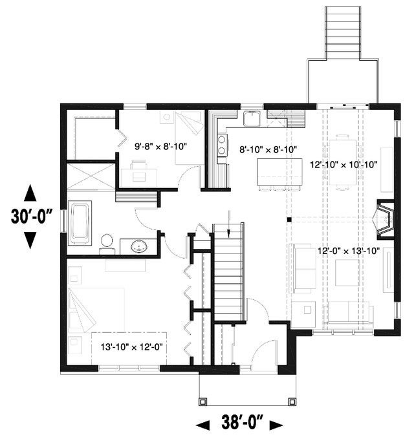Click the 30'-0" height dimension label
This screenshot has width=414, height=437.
[32, 217]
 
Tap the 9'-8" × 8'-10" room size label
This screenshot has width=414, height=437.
[160, 147]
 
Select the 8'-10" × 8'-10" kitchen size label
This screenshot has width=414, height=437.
[268, 150]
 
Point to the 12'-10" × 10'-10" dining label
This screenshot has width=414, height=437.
[343, 165]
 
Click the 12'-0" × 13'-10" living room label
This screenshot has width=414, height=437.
[349, 251]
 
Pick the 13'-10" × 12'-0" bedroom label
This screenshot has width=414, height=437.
[131, 347]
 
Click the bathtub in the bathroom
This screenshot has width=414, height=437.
[80, 223]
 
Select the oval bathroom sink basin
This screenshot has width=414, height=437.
[139, 246]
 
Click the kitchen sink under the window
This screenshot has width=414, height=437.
[252, 118]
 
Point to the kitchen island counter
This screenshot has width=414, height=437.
[279, 172]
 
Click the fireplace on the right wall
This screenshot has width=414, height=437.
[386, 220]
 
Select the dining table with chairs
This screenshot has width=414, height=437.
[343, 162]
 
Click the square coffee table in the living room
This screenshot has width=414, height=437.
[347, 273]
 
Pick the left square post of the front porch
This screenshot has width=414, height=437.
[203, 401]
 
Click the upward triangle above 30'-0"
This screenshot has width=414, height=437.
[30, 193]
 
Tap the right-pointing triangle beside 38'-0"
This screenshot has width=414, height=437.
[276, 425]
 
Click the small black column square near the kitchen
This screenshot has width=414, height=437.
[289, 220]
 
